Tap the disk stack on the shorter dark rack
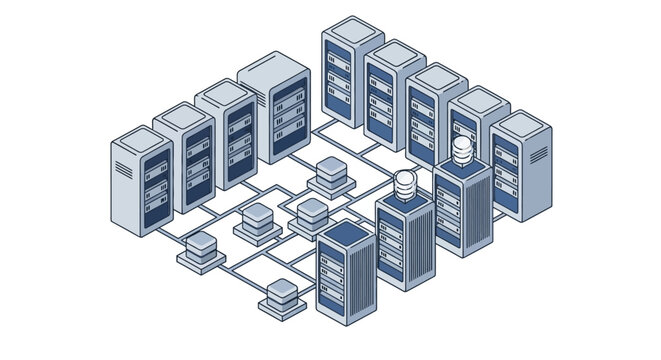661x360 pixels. coord(405,186)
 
